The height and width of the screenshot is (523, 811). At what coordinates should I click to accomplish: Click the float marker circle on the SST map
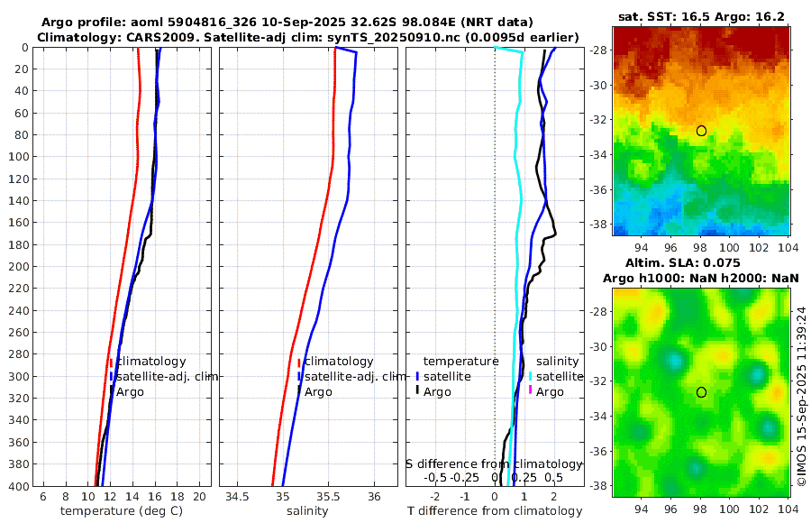[701, 131]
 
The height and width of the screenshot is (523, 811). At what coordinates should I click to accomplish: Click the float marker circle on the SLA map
[701, 392]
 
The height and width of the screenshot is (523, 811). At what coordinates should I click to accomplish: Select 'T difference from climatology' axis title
[494, 511]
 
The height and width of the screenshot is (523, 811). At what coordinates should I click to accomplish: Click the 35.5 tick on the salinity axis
[329, 497]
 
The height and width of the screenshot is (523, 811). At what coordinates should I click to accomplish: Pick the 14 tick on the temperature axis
[132, 497]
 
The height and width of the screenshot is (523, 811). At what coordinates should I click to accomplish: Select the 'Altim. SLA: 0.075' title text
[702, 262]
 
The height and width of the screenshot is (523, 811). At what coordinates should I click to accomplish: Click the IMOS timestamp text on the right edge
[801, 394]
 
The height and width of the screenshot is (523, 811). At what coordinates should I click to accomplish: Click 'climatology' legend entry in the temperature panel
[151, 361]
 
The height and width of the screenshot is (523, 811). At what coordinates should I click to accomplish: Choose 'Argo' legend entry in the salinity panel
[318, 391]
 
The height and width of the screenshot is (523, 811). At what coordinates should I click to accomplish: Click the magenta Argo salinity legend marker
[531, 391]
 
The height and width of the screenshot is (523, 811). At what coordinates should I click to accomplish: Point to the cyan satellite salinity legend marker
[531, 376]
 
